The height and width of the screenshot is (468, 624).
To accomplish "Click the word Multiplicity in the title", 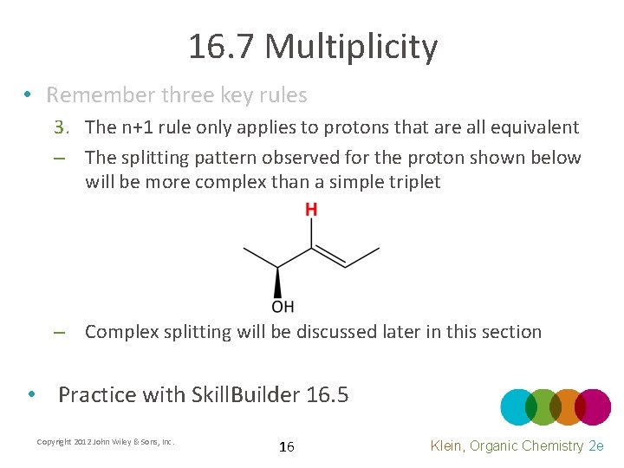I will coord(351,47).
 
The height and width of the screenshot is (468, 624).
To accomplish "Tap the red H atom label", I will coord(311,209).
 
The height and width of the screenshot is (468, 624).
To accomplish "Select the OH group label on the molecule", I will coord(283,306).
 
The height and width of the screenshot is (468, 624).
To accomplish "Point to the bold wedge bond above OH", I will coord(278,283).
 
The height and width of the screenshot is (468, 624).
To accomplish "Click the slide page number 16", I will coord(287,446).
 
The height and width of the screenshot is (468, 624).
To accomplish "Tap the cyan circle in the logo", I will coord(519,407).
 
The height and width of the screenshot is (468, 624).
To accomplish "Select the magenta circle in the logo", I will coord(593,407).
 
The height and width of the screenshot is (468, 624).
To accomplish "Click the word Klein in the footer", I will coord(451,445).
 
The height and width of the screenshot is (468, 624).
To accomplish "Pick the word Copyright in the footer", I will coord(55,442).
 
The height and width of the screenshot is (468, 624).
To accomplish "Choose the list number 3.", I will coord(60,127).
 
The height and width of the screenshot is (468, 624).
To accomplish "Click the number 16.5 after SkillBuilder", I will coord(328,395).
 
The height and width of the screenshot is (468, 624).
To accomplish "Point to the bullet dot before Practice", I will coord(31,394).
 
